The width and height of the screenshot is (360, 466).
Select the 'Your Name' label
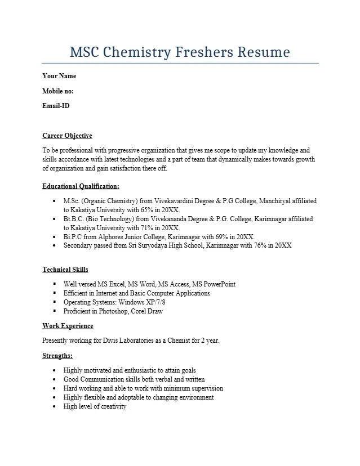click(x=59, y=76)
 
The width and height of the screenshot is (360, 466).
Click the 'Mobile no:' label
click(x=58, y=91)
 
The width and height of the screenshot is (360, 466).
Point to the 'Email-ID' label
click(x=56, y=105)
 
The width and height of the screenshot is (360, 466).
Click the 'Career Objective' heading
click(x=67, y=136)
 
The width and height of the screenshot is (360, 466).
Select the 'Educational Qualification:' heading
click(x=81, y=186)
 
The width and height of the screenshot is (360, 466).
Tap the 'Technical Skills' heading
click(x=65, y=270)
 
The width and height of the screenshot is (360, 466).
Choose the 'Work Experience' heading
click(x=68, y=326)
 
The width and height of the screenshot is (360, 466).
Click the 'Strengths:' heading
click(x=57, y=356)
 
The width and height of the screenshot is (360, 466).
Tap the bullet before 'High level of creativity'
click(x=54, y=406)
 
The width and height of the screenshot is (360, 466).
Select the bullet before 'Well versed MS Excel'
click(x=54, y=284)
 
